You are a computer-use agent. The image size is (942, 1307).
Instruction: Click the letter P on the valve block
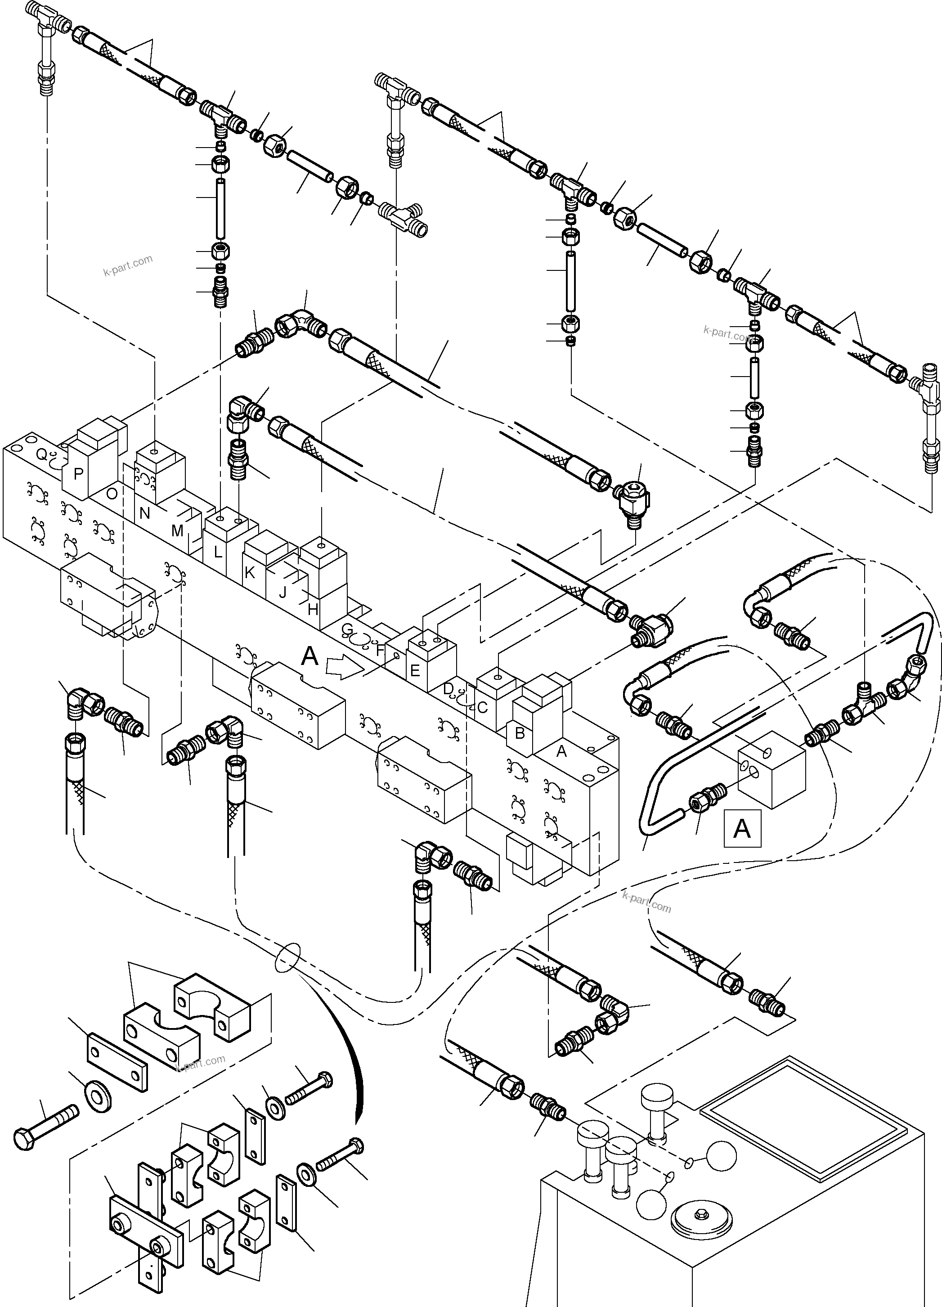point(78,474)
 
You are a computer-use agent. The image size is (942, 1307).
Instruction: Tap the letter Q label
point(41,455)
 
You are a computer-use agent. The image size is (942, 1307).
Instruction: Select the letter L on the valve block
point(218,552)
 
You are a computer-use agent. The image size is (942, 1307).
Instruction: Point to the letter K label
point(250,572)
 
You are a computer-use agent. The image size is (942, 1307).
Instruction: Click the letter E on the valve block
point(414,671)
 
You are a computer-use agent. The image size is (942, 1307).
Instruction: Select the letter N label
point(144,513)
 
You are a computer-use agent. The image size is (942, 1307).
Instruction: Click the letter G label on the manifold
point(347,629)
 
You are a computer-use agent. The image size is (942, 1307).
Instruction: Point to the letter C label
point(483,707)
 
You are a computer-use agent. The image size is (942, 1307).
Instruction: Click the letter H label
point(313,610)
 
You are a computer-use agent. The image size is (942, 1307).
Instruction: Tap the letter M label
point(177,531)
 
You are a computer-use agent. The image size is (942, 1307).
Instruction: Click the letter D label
point(448,689)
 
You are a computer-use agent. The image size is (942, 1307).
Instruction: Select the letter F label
point(380,650)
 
